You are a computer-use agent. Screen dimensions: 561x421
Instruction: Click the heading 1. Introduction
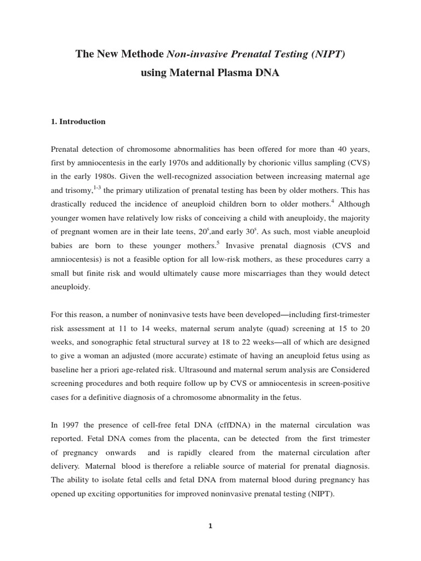tap(78, 122)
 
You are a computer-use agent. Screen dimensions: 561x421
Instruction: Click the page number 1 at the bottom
tap(210, 526)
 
